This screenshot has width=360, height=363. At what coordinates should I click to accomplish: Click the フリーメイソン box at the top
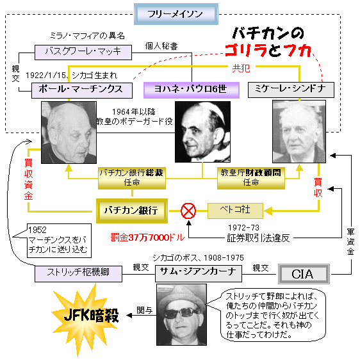pos(176,14)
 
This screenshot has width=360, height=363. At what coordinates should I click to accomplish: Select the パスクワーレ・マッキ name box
pos(83,52)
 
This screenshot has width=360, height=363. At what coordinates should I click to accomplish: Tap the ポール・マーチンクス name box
pos(82,90)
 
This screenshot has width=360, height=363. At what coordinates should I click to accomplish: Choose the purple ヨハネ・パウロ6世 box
pos(192,90)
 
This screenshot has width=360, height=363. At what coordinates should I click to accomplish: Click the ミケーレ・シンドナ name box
pos(291,90)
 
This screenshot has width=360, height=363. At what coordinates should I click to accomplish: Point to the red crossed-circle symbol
pos(188,211)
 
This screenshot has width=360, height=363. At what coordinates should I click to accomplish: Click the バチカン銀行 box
pos(132,211)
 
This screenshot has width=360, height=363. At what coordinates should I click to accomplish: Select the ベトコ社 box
pos(235,211)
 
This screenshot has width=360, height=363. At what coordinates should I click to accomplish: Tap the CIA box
pos(304,274)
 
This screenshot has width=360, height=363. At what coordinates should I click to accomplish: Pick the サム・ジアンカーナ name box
pos(199,273)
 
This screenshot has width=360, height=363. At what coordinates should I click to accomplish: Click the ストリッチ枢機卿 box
pos(78,274)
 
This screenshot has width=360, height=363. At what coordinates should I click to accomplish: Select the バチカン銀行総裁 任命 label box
pos(132,178)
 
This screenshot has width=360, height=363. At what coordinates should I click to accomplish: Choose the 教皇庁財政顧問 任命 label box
pos(251,178)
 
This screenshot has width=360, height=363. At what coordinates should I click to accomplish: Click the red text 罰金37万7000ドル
pos(147,238)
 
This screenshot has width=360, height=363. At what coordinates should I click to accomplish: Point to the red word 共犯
pos(241,69)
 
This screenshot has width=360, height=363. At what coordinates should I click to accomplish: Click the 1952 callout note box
pos(60,241)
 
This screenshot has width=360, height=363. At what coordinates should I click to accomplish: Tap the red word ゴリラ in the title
pos(246,51)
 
